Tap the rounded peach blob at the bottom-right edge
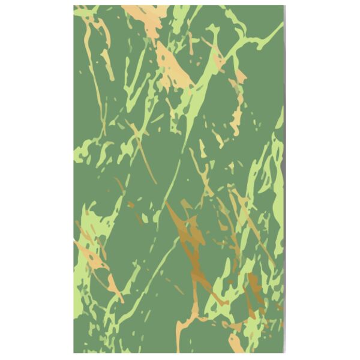point(235,342)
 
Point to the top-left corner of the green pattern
point(74,7)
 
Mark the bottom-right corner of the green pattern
point(283,352)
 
